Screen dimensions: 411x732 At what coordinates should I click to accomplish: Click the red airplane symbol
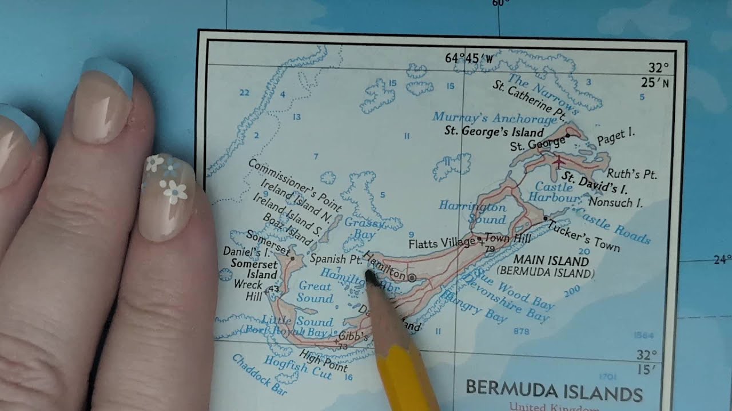559,162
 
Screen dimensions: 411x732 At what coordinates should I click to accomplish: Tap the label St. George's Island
494,131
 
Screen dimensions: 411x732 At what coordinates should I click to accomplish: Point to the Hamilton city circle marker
412,277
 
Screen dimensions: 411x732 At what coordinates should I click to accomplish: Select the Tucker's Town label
583,235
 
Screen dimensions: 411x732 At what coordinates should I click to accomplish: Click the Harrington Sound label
473,212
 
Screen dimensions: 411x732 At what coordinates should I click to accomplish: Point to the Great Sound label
316,292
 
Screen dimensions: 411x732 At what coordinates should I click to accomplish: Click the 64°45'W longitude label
469,58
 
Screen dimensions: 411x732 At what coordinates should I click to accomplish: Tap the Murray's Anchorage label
495,118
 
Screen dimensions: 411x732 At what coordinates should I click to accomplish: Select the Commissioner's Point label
295,184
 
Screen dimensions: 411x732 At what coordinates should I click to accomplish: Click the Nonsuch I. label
615,202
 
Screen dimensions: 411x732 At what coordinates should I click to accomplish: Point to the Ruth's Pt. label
632,174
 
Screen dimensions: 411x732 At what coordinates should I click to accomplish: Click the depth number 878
522,331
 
